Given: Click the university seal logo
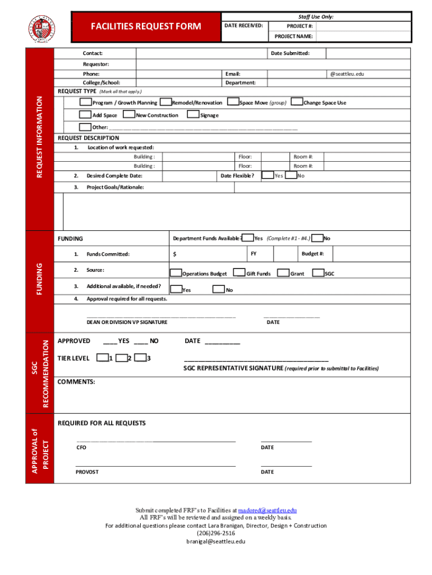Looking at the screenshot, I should pos(43,27).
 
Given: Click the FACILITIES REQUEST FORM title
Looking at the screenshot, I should pos(146,26).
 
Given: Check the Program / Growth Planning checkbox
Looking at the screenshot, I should pos(85,102).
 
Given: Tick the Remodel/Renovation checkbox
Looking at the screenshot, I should pos(166,102).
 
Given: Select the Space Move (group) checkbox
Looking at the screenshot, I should pos(233,102).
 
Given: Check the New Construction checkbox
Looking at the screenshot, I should pos(130,115).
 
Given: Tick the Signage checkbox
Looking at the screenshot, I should pos(194,115).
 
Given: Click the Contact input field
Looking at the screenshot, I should pos(201,53).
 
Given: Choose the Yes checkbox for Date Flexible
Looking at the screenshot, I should pos(268,175).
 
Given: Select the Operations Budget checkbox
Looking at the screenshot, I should pos(176,273).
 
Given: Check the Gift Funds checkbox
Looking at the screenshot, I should pos(240,273).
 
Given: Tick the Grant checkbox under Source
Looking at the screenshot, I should pos(283,273).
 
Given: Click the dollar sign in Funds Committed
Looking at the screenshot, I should pos(175,254).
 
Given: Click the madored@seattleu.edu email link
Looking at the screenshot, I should pos(267,510).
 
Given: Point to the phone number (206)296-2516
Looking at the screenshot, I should pos(216,533).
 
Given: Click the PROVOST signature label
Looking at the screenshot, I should pos(87,472).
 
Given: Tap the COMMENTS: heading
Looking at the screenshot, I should pos(76,382).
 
